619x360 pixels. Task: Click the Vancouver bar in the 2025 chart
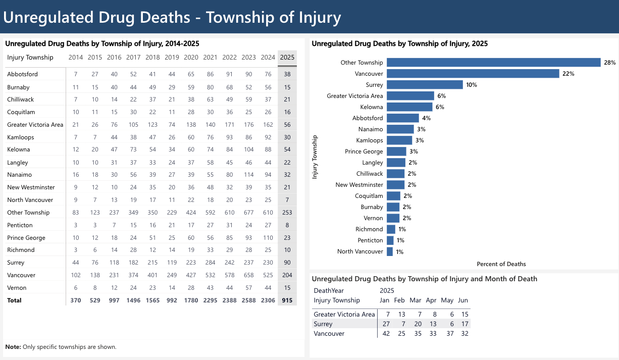click(x=473, y=74)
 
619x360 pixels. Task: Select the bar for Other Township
click(x=493, y=63)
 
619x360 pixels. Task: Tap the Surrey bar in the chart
click(x=425, y=85)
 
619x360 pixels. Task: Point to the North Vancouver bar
click(x=390, y=251)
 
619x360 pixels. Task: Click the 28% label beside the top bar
click(x=609, y=63)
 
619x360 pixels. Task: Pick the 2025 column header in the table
click(x=287, y=58)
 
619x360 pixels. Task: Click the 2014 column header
click(x=76, y=58)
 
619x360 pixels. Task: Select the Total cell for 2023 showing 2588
click(x=248, y=300)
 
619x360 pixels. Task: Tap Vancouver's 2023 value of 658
click(x=248, y=275)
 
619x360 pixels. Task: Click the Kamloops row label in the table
click(x=18, y=137)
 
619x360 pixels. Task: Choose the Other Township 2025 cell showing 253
click(x=287, y=213)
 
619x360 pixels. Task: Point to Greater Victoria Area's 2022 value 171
click(x=229, y=125)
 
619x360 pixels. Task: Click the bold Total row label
click(x=14, y=300)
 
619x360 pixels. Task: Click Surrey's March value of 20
click(x=416, y=324)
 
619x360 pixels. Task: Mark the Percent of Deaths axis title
click(x=501, y=264)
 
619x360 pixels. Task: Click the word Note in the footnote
click(x=13, y=347)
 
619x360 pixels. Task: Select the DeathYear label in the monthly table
click(x=329, y=291)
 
